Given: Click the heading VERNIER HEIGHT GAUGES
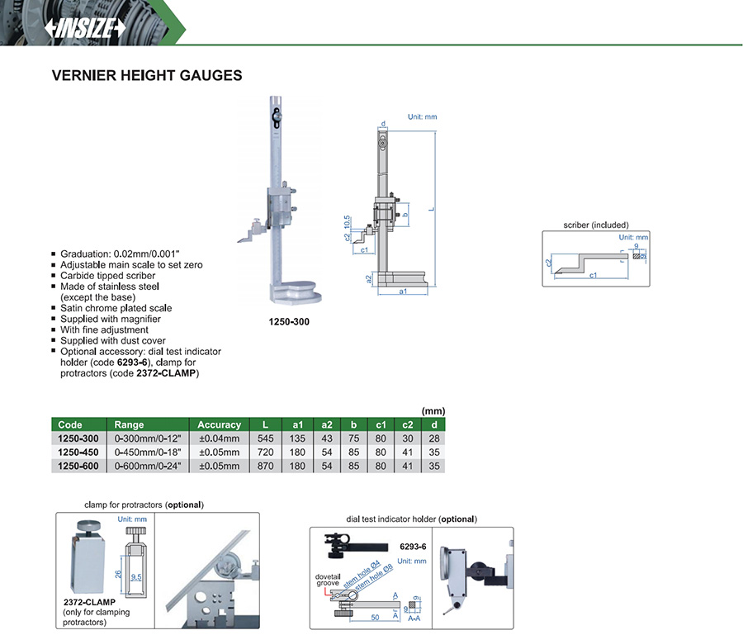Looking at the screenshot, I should tap(147, 75).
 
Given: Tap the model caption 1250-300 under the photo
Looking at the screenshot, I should tap(289, 321).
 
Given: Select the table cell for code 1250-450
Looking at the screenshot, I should tap(78, 453).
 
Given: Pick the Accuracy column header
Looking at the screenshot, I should tap(219, 424).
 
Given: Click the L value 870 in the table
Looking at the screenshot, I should tap(266, 466).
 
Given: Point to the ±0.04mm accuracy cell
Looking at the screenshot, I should tap(219, 438).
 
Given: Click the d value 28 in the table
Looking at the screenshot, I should tap(434, 438).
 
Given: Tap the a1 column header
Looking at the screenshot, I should tap(298, 424).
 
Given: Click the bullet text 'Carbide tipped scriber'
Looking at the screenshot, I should tap(107, 276).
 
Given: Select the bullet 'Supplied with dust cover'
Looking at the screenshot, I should tap(113, 340).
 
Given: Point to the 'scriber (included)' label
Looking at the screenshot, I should tap(595, 225).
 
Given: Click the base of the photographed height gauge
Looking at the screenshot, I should tap(292, 293).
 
